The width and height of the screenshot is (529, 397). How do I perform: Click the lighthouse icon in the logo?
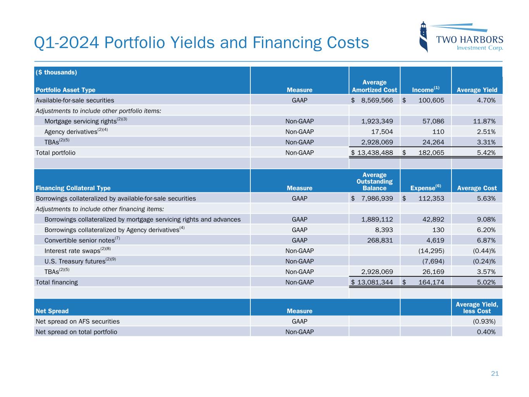coord(424,37)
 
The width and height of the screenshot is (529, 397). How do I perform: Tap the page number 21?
coord(495,374)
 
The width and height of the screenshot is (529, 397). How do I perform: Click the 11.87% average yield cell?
coord(484,121)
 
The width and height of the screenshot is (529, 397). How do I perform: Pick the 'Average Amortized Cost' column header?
coord(374,86)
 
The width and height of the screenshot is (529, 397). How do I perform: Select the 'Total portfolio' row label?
coord(55,152)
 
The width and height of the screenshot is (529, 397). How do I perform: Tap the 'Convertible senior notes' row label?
coord(79,240)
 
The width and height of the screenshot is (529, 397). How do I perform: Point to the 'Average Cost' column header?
coord(477,188)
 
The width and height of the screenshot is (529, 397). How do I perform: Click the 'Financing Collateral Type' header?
coord(73,188)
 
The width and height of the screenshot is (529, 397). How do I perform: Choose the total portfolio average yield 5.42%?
coord(486,152)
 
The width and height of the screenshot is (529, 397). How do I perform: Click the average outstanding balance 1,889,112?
coord(377,219)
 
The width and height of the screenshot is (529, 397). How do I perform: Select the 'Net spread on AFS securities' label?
coord(78,321)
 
